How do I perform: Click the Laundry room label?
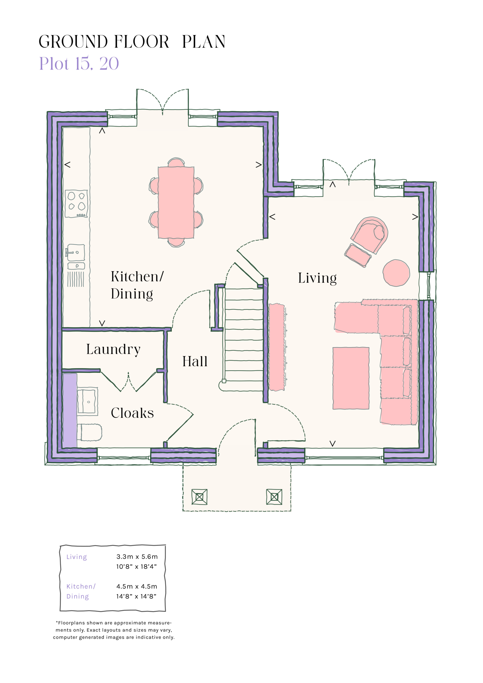113,349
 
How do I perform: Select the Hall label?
195,362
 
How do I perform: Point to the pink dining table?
176,203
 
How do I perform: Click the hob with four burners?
77,204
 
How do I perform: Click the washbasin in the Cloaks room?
87,401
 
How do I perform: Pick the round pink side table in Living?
396,273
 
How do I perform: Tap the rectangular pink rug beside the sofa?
351,378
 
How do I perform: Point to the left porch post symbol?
199,497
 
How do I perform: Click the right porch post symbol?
274,497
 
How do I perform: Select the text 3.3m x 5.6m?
137,557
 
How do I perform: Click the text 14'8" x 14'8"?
136,596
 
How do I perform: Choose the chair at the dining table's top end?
176,163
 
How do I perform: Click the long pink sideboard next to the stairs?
277,347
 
